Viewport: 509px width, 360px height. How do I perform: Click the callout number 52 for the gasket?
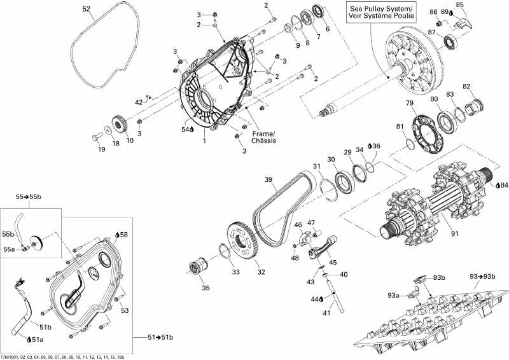87,9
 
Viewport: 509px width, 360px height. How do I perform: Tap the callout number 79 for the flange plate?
410,103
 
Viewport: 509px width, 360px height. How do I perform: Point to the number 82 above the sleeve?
466,86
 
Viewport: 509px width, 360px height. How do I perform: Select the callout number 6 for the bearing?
328,29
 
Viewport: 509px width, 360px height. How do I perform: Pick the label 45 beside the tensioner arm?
333,262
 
